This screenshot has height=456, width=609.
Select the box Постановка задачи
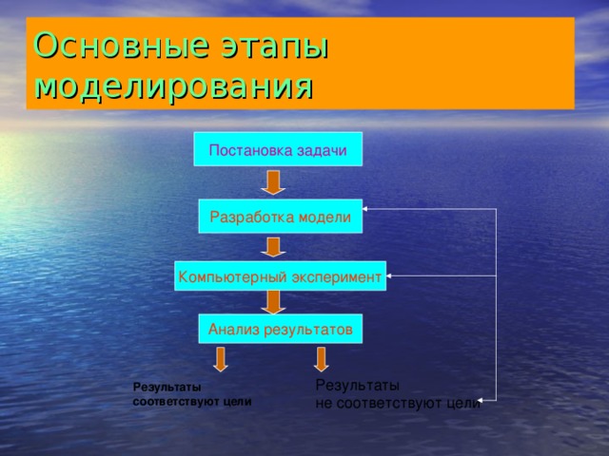[x=277, y=149]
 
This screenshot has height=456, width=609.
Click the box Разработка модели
[x=280, y=218]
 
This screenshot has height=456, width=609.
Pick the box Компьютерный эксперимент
[x=280, y=276]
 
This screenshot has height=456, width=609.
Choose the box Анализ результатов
[x=280, y=330]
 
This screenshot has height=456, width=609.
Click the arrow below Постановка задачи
[x=274, y=182]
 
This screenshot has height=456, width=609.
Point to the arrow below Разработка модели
[x=274, y=247]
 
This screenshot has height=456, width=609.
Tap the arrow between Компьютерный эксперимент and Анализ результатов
[x=274, y=302]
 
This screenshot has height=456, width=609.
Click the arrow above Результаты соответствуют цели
[x=221, y=358]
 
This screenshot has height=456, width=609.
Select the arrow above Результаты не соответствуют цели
[x=321, y=358]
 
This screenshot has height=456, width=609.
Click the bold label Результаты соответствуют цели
[x=192, y=394]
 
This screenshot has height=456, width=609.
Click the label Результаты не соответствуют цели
[x=397, y=394]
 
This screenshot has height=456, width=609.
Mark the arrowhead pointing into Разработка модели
[x=367, y=208]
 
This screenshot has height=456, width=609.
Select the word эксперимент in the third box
[x=335, y=276]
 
